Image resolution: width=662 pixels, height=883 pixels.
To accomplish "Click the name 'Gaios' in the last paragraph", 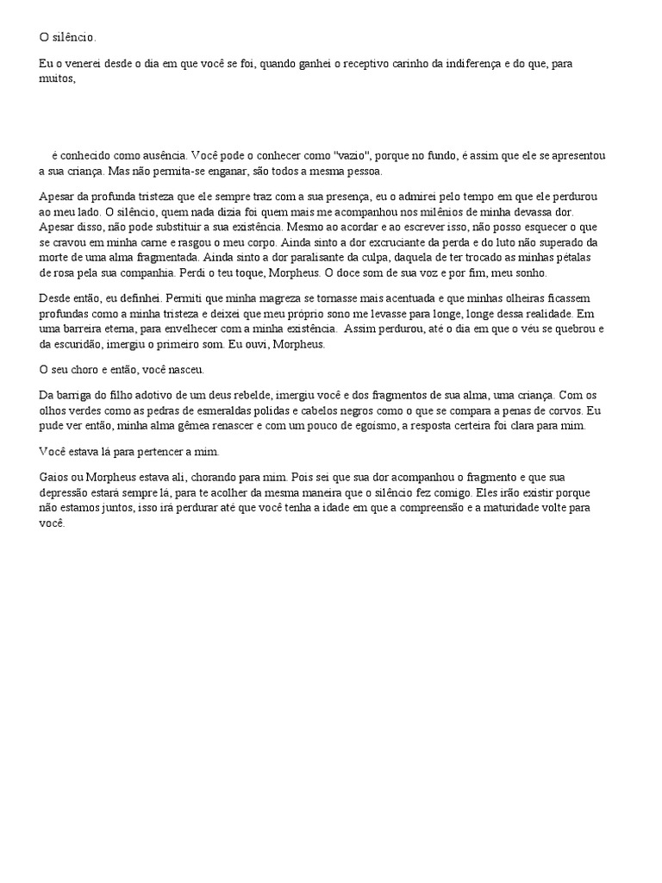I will pos(55,476).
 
